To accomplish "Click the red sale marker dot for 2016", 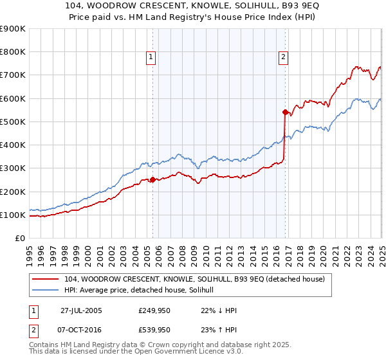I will [x=284, y=112].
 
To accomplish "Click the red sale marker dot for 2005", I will [x=152, y=179].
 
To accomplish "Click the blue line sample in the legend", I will [x=45, y=291].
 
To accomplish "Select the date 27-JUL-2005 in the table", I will [x=82, y=310].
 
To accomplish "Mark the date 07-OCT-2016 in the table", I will [x=82, y=330].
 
